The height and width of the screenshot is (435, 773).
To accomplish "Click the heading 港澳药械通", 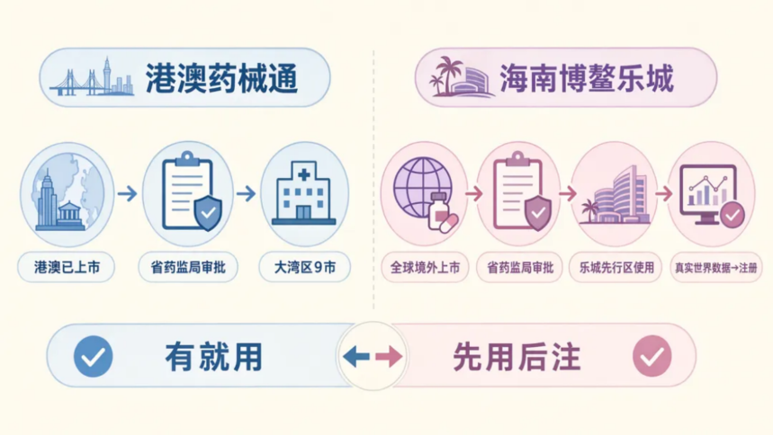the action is pos(221,78).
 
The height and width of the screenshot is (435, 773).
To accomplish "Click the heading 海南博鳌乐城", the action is pos(586,78).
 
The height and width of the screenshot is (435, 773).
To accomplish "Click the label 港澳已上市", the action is pos(67,268).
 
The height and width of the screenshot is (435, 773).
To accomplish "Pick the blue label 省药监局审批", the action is pos(188,268).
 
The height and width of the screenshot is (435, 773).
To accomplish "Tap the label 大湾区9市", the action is pos(305,268).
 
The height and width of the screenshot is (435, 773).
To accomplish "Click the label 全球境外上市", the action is pos(425,268).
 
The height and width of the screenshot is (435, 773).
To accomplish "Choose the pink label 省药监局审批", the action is pos(520,268).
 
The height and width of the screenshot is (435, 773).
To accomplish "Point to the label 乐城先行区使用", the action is pos(616,268).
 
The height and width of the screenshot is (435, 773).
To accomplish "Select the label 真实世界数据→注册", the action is pos(715,268).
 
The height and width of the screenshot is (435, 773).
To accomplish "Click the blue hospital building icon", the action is pos(303,193).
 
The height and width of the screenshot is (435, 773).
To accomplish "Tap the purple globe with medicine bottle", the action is pos(426,193).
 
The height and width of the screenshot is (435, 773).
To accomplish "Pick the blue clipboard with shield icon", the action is pos(192,191).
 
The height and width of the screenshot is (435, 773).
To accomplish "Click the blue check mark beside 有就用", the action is pos(94,356).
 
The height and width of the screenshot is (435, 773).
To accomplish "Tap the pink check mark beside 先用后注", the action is pos(652,356).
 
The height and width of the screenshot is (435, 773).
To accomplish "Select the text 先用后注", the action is pos(517,357).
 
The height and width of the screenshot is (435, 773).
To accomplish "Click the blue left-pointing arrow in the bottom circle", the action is pos(356,356).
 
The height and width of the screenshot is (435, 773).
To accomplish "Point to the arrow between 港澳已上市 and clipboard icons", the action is pos(127,193).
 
